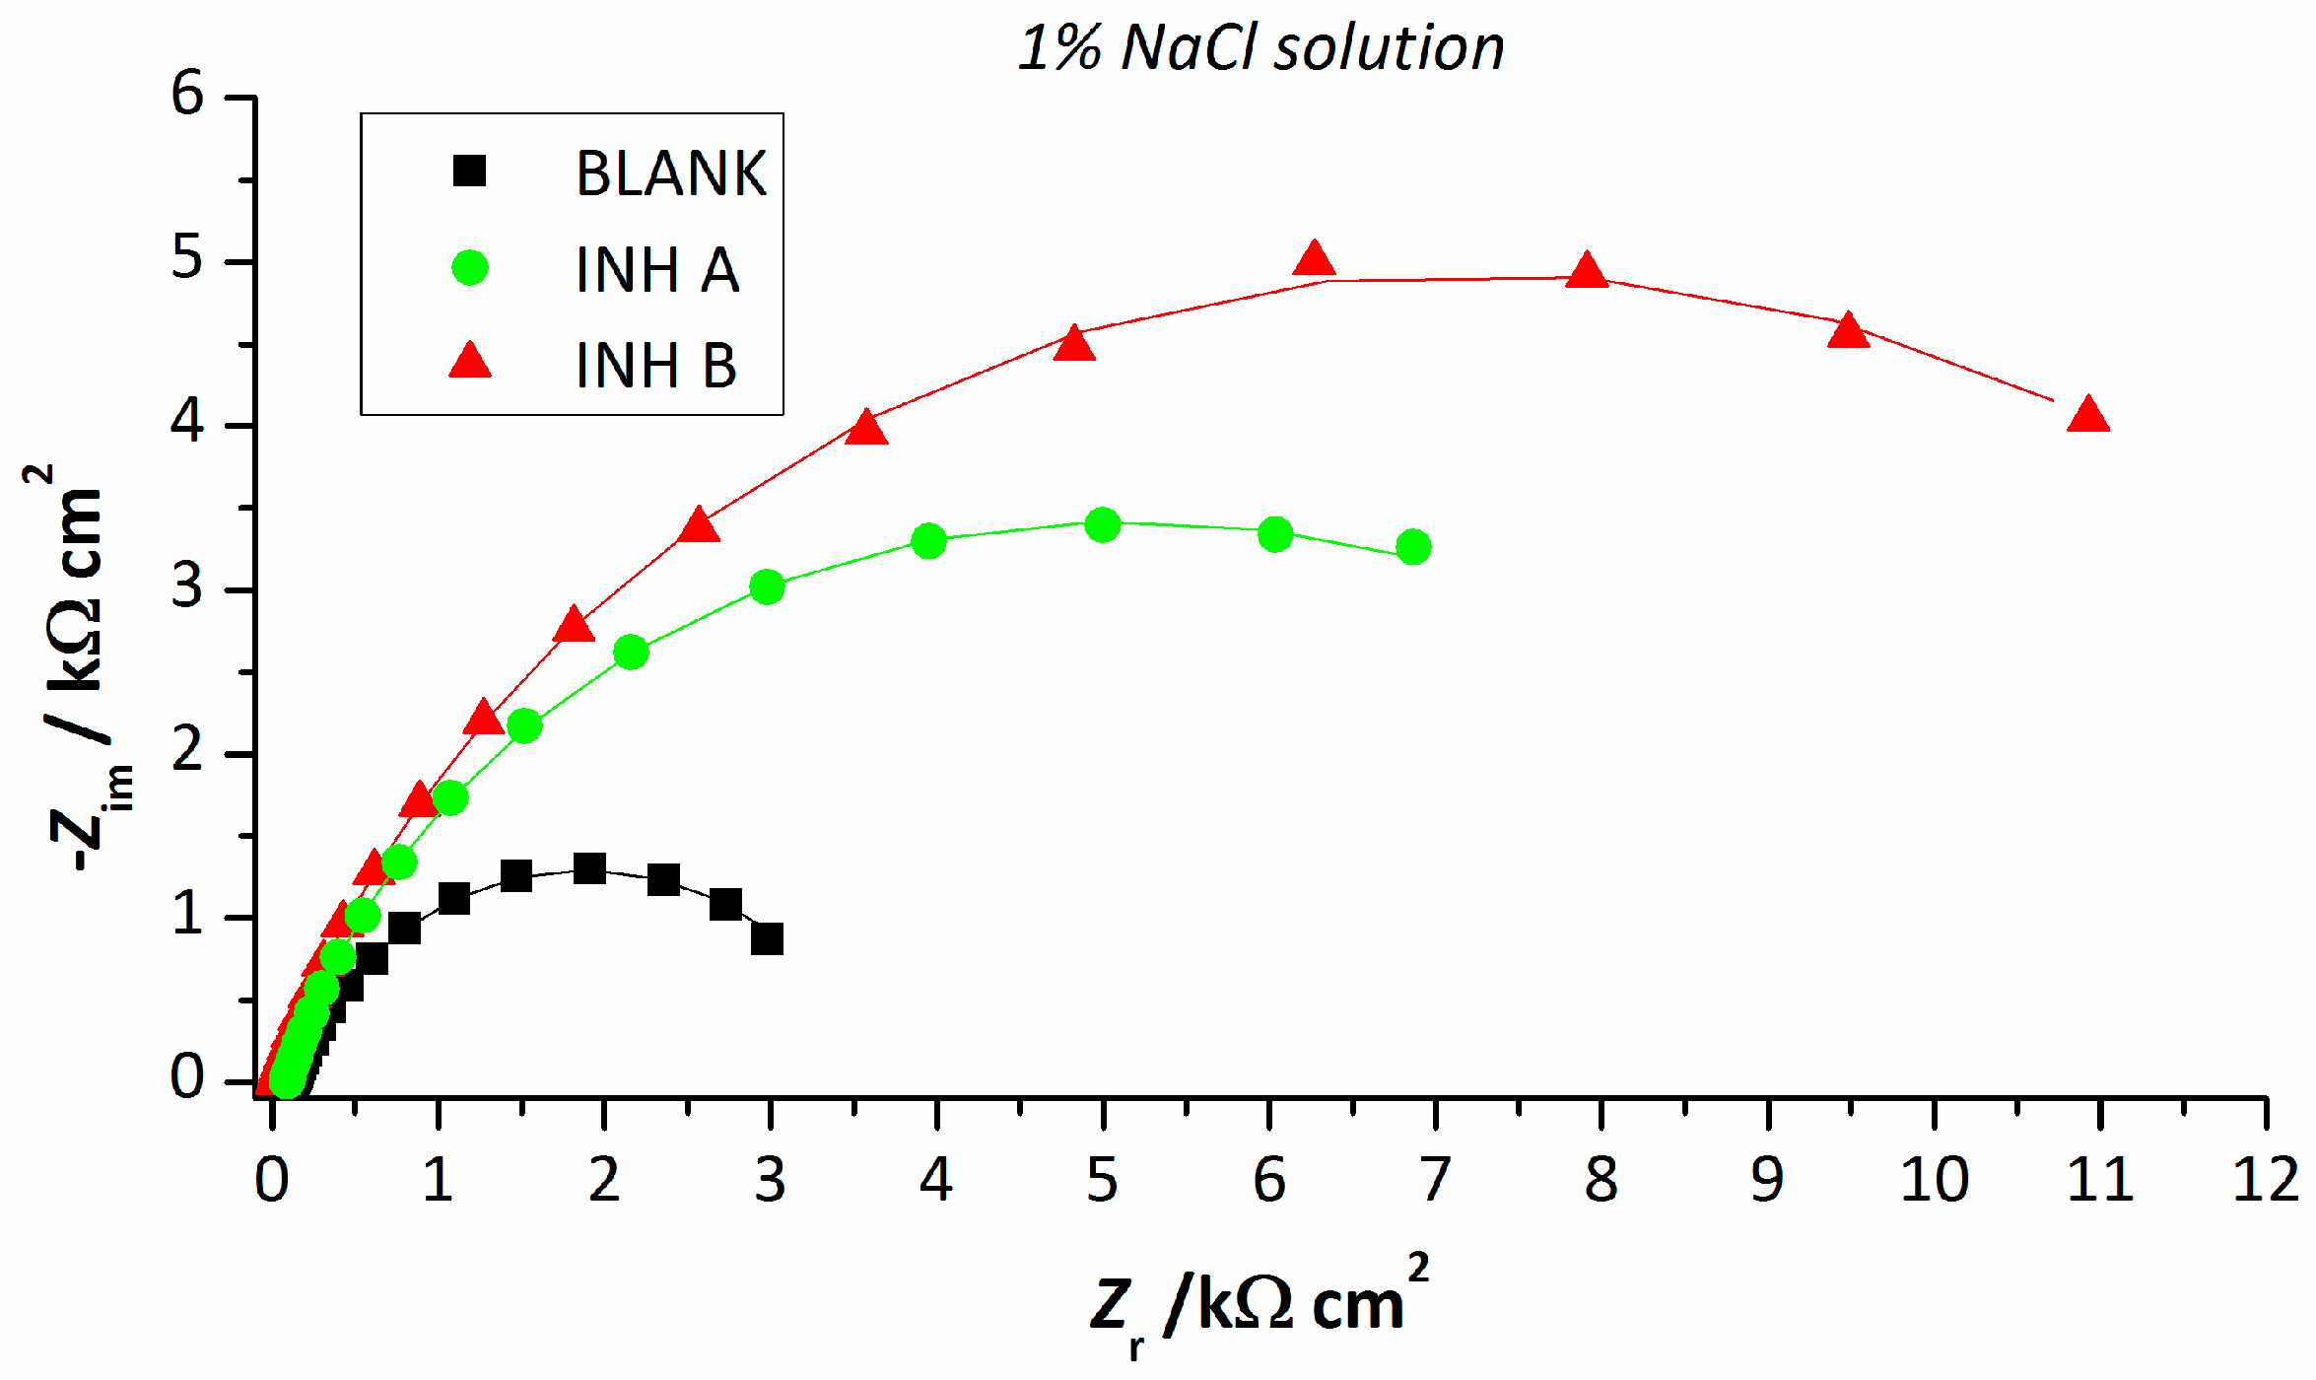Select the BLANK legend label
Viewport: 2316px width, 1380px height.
(670, 173)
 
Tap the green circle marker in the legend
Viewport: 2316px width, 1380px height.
(470, 267)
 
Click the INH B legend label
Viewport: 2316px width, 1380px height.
(656, 366)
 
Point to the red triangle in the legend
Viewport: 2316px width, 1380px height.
(470, 363)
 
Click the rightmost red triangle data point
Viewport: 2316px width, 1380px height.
(2087, 416)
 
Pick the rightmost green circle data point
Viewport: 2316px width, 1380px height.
(1413, 547)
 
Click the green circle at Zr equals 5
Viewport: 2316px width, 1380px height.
(1102, 525)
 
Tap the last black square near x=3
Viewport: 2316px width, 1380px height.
(767, 938)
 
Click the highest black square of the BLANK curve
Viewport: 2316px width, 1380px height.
(588, 868)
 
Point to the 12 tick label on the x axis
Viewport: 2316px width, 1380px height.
(2265, 1180)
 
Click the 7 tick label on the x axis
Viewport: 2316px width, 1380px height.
(1435, 1180)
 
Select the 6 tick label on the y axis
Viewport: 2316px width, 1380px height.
(187, 96)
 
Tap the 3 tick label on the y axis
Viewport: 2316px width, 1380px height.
(187, 588)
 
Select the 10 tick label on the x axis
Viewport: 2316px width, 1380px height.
(1934, 1180)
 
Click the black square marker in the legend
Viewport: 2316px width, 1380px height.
(470, 172)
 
